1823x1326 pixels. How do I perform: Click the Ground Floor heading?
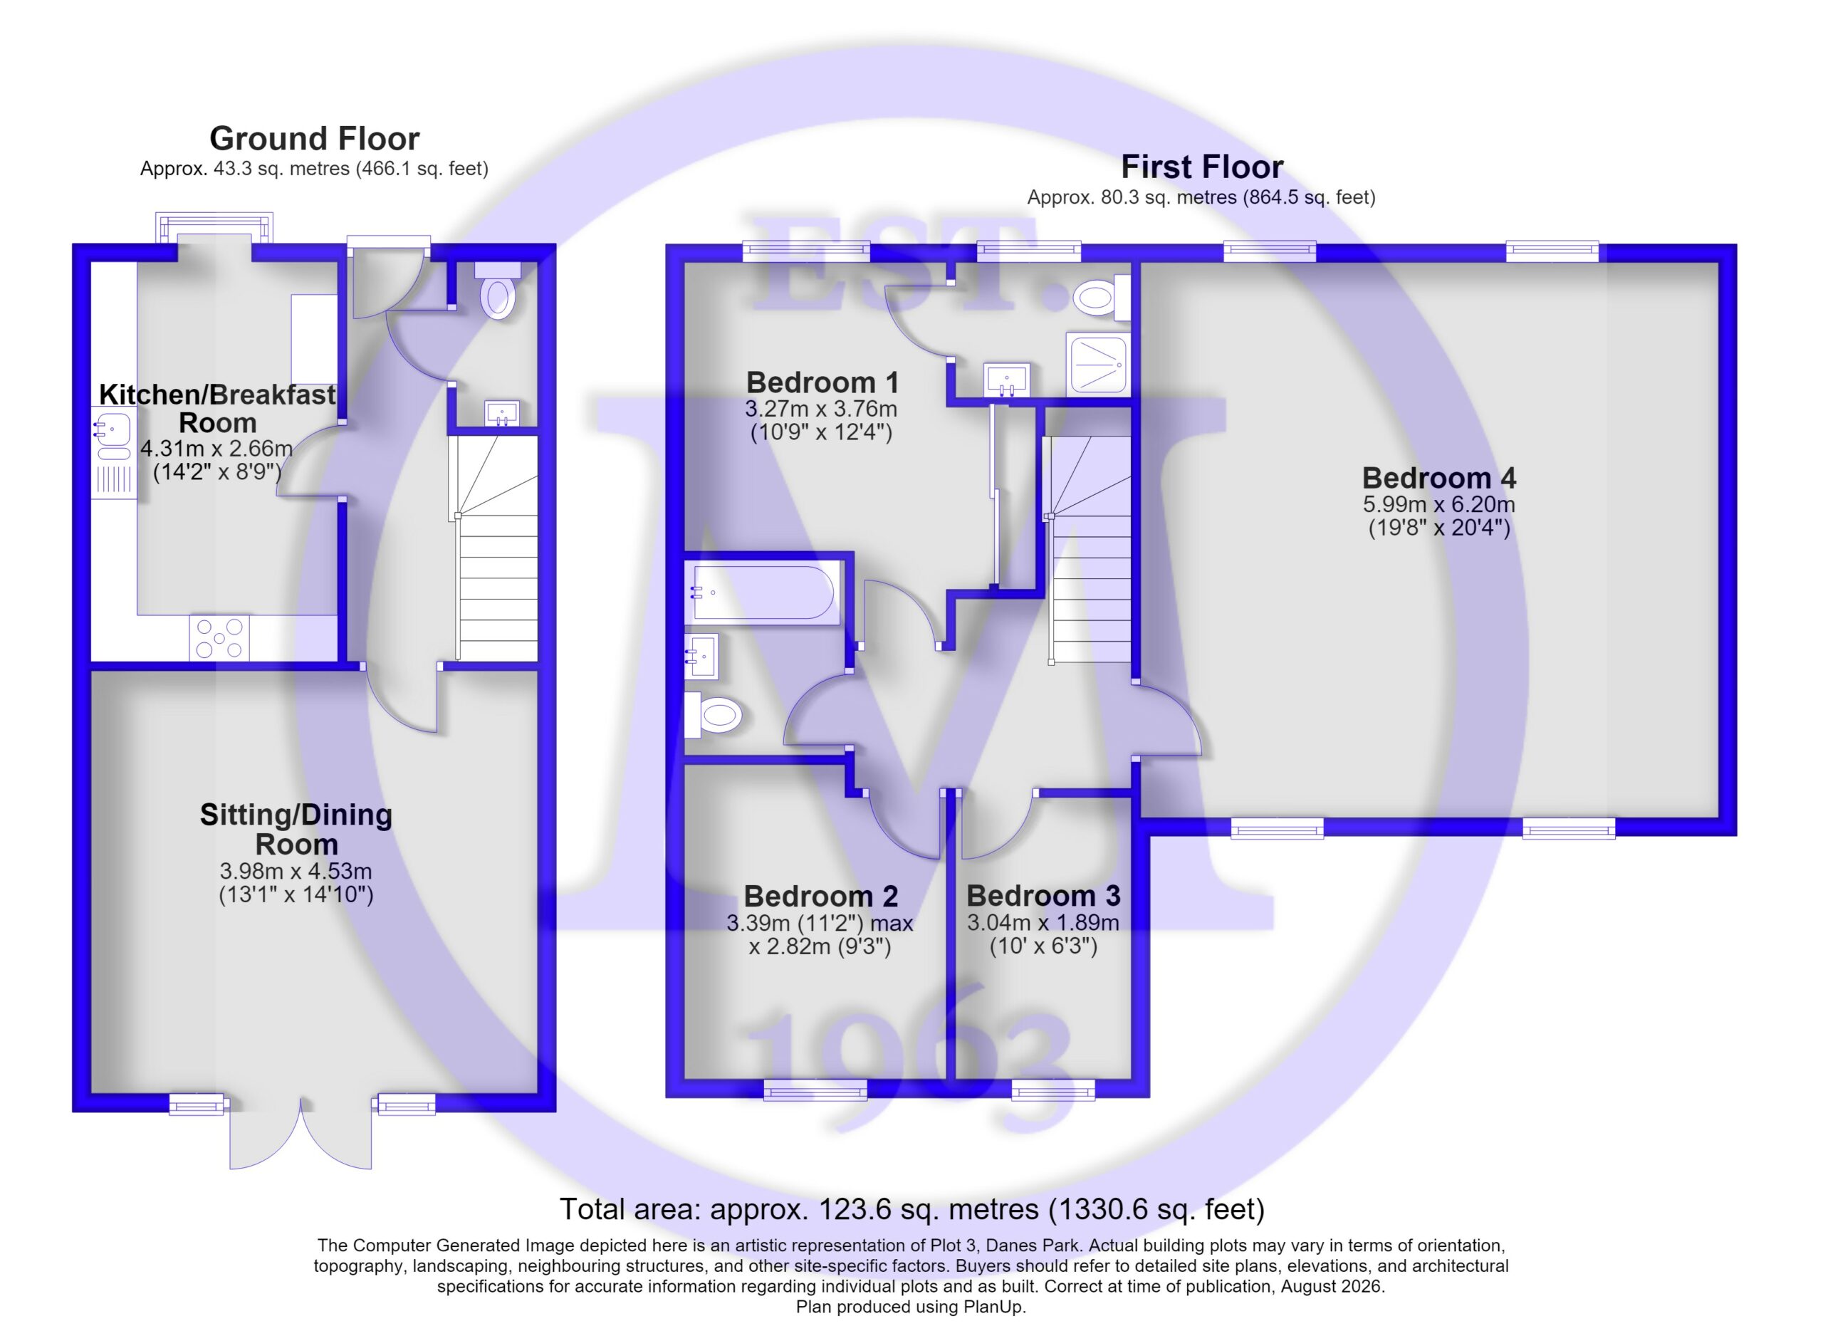[x=314, y=139]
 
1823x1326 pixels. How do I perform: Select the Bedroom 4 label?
[x=1438, y=478]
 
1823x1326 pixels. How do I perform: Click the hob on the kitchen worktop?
[x=219, y=638]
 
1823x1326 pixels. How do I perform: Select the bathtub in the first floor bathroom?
[x=763, y=592]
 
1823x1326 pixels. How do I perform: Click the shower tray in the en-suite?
[x=1098, y=364]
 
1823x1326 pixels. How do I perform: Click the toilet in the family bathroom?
[x=713, y=714]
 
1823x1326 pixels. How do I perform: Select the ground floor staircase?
[x=493, y=548]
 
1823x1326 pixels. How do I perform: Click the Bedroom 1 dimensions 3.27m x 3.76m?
[x=820, y=408]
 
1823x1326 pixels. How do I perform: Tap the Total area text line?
[x=911, y=1208]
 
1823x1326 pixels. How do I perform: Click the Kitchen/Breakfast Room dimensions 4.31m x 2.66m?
[x=216, y=448]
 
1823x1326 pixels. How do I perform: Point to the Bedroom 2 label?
[x=820, y=896]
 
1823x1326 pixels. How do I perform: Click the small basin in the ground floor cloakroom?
[x=502, y=414]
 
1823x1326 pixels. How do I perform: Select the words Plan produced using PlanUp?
[x=911, y=1307]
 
